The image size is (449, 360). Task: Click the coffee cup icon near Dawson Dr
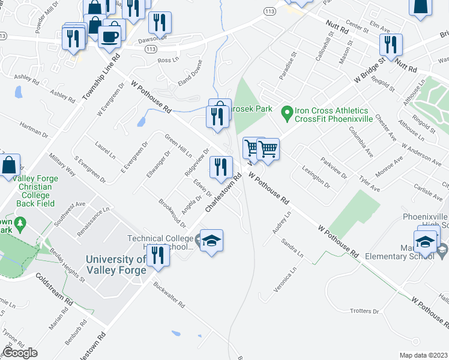pos(109,36)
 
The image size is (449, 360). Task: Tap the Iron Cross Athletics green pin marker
pos(286,112)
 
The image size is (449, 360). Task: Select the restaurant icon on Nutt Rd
pos(390,44)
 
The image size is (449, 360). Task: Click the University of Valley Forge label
pos(116,265)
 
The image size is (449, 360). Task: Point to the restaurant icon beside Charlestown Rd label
pos(221,166)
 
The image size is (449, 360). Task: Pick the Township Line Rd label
pos(99,78)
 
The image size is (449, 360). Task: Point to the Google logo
pos(20,353)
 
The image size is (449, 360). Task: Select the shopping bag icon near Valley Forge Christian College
pos(10,165)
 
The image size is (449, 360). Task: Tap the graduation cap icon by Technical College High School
pos(211,241)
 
